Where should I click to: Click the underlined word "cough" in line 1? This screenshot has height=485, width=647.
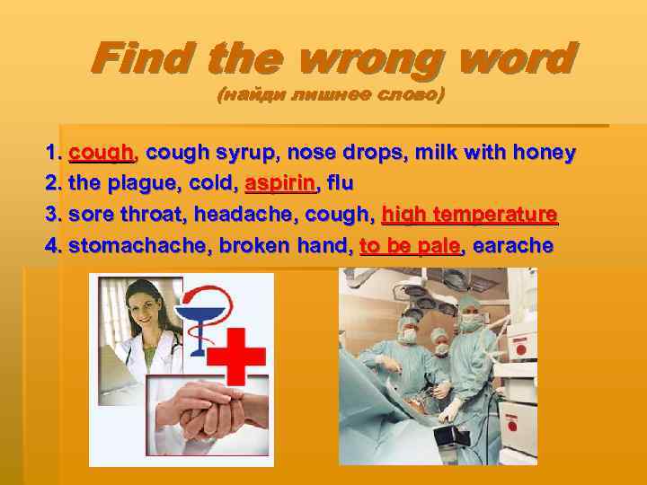click(x=101, y=154)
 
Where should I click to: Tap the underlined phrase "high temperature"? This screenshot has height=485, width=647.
click(x=469, y=216)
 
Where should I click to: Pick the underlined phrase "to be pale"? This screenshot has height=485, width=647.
click(x=410, y=246)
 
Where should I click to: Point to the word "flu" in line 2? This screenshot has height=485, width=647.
click(x=341, y=184)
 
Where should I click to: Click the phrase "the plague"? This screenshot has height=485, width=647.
click(x=113, y=184)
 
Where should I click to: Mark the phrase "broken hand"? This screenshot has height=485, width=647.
click(x=282, y=246)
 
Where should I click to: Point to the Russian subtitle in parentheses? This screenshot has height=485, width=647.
click(x=331, y=95)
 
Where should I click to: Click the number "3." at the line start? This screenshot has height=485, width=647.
click(x=54, y=216)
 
